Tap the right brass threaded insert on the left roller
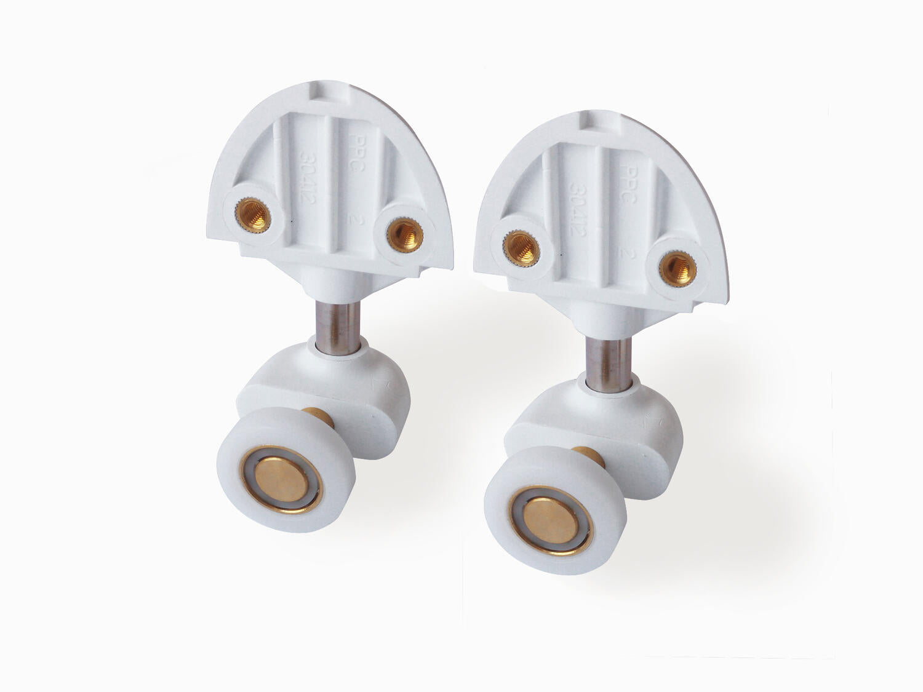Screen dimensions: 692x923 [404, 233]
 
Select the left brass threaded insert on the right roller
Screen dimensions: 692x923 [521, 248]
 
